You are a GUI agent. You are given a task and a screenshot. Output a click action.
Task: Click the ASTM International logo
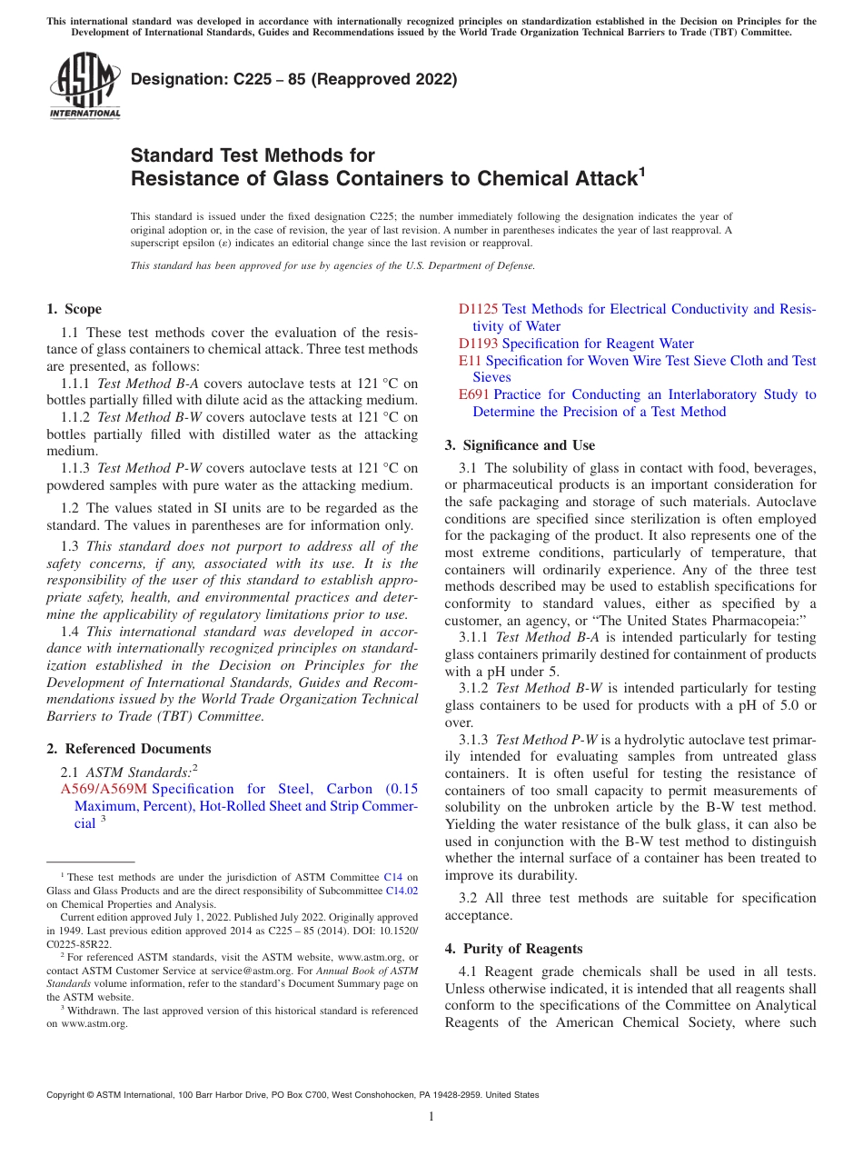point(84,87)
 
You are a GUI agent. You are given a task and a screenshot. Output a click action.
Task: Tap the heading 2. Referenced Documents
point(128,749)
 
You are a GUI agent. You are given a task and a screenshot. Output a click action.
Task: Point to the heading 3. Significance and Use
point(520,445)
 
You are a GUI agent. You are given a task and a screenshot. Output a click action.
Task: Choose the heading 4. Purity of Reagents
point(513,949)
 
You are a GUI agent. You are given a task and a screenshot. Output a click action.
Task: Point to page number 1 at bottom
point(431,1117)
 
